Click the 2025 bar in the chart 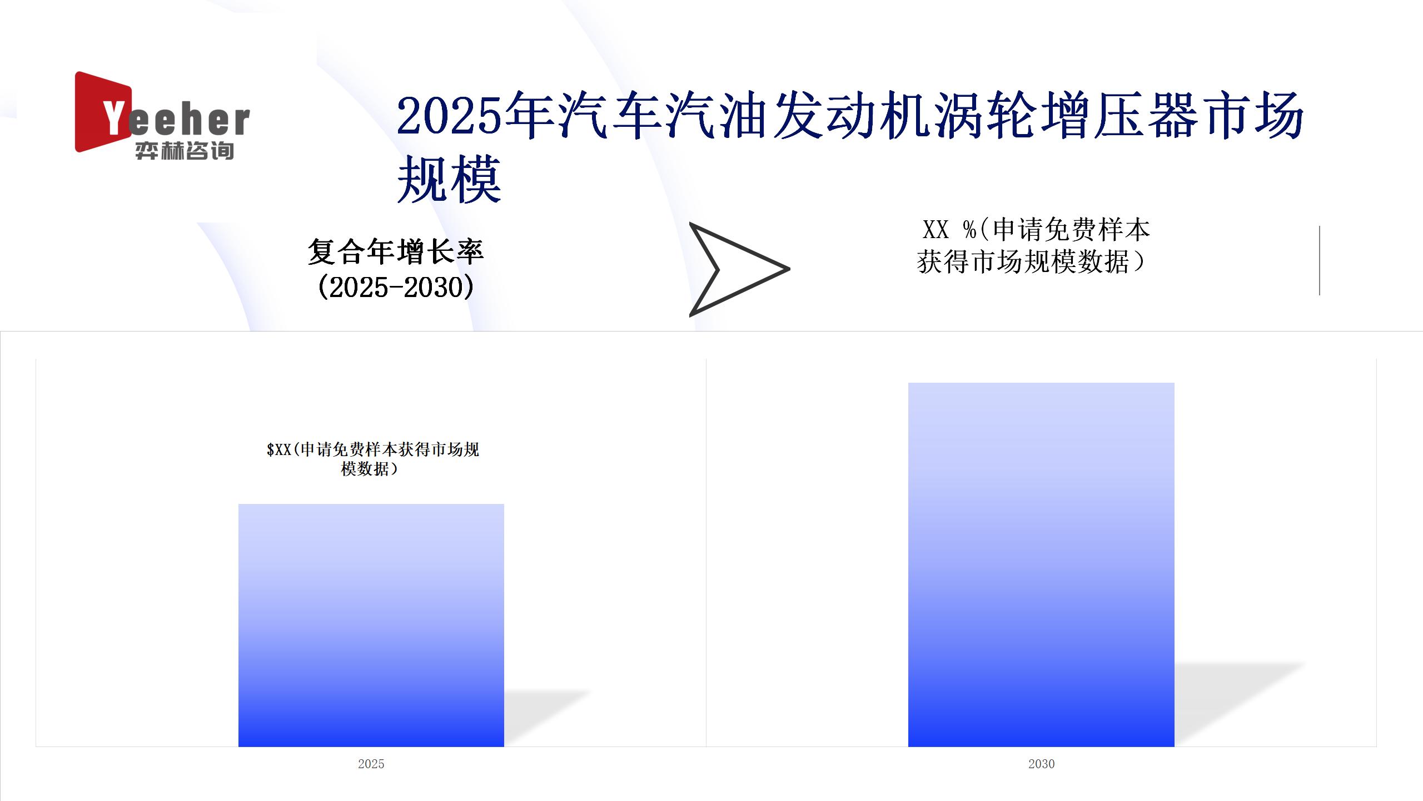click(371, 625)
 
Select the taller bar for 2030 click(1041, 565)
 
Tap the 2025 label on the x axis click(371, 764)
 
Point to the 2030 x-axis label click(1041, 764)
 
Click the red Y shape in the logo click(103, 111)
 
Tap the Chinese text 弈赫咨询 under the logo click(185, 151)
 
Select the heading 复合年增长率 click(396, 251)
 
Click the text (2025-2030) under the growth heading click(396, 287)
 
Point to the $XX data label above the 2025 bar click(373, 459)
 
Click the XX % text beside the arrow click(949, 229)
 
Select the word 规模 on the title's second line click(449, 179)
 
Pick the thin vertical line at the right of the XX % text click(1319, 260)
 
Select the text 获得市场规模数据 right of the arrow click(1023, 261)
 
